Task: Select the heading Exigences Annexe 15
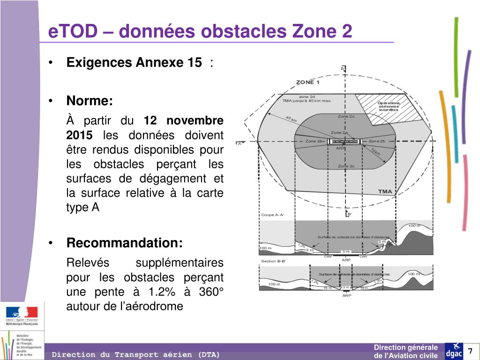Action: point(134,62)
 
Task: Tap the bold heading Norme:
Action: point(90,101)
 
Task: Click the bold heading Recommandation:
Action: point(124,243)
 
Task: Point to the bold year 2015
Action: point(79,135)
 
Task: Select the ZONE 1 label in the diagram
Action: point(307,82)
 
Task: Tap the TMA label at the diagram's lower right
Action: point(385,191)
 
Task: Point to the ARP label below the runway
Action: point(341,148)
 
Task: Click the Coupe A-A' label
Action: point(272,215)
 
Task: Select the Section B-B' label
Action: point(273,261)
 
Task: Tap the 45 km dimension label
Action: point(291,120)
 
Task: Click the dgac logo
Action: point(454,351)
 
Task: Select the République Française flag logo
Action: point(22,315)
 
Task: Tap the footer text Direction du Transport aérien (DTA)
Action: point(135,354)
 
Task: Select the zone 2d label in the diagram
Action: point(307,97)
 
